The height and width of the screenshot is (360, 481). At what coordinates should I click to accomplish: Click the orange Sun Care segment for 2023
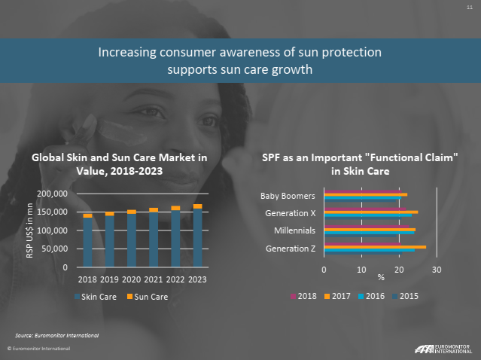tap(197, 206)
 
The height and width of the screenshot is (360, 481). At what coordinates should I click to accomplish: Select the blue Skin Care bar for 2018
tap(88, 243)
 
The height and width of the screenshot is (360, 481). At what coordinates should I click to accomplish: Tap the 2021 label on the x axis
tap(154, 279)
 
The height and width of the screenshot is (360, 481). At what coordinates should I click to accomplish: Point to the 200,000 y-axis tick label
tap(53, 194)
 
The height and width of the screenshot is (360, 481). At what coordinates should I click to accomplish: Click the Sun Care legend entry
tap(148, 297)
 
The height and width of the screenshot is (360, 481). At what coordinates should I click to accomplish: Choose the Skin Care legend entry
tap(96, 297)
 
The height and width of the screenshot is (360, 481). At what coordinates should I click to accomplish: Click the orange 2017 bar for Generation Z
tap(375, 247)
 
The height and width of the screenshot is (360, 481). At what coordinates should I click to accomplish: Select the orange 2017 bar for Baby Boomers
tap(366, 194)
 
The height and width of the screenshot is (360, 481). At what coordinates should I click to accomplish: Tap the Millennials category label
tap(295, 230)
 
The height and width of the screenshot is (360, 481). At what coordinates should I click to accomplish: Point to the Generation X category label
tap(291, 213)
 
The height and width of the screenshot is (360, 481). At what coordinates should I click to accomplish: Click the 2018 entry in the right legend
tap(303, 296)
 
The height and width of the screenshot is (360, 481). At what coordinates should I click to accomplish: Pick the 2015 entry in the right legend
tap(405, 296)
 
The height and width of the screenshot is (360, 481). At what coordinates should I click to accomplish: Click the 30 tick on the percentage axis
tap(437, 270)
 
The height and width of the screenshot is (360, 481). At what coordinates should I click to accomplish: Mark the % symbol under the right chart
tap(381, 277)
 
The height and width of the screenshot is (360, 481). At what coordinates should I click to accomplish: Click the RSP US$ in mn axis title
tap(29, 230)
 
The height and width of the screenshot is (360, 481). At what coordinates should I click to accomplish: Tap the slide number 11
tap(470, 7)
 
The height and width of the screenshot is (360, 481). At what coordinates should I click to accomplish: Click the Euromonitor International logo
tap(443, 349)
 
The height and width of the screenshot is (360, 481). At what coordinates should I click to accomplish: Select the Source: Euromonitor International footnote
tap(57, 335)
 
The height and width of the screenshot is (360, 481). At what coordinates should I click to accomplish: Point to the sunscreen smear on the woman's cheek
tap(122, 132)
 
